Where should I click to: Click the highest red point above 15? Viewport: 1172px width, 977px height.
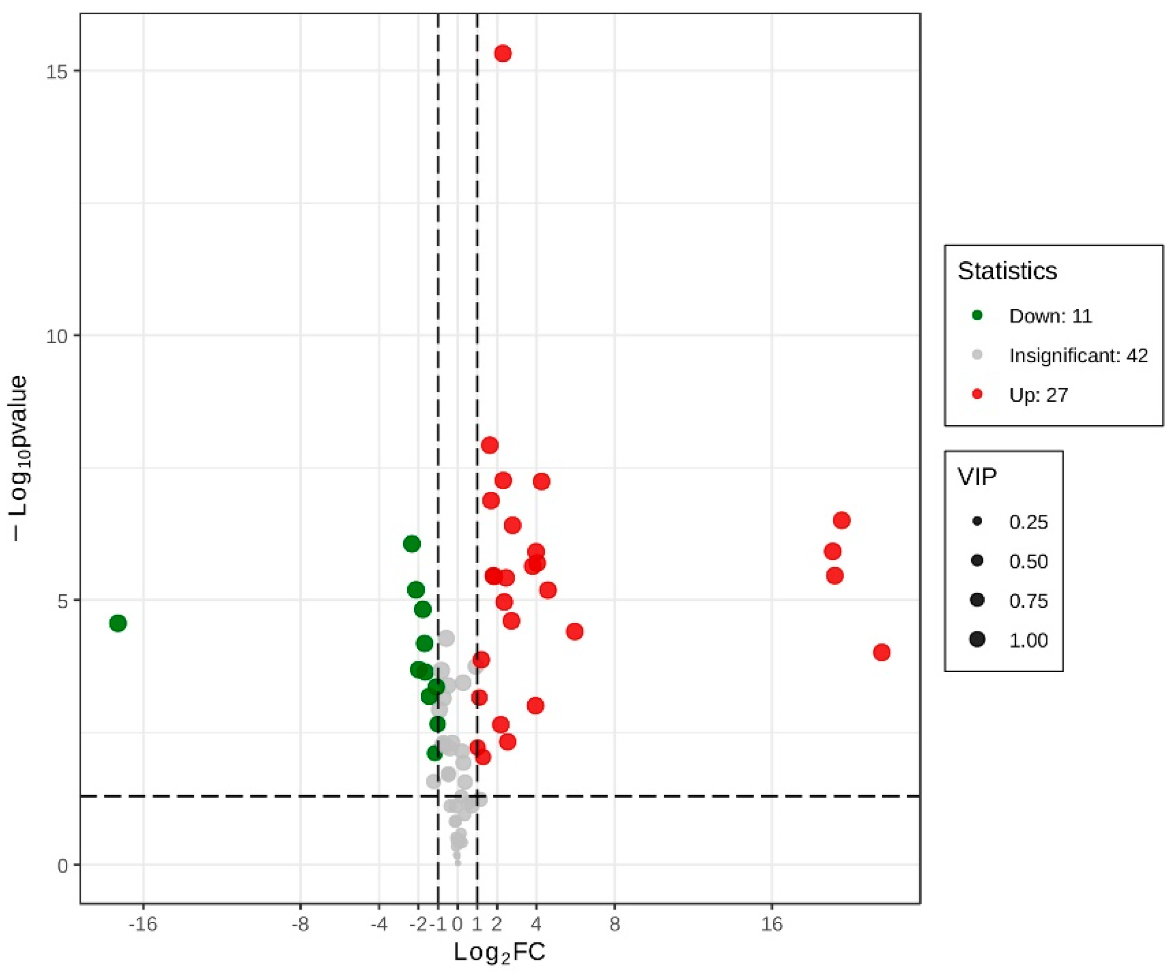(502, 54)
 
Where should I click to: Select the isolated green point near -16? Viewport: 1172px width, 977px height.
(118, 623)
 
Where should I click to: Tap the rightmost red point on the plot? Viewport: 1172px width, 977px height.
(881, 652)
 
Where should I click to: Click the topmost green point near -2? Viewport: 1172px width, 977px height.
(411, 544)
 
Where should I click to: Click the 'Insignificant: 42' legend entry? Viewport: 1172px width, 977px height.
(1078, 356)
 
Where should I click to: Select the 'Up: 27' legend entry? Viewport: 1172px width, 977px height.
(1038, 395)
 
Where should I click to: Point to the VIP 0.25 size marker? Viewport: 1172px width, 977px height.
(977, 522)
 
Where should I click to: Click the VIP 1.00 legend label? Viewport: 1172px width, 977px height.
(1028, 640)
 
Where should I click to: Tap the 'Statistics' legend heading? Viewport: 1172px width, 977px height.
(1007, 271)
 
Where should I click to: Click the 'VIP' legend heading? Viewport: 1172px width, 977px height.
(977, 477)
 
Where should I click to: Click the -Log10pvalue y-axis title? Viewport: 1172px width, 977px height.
(20, 458)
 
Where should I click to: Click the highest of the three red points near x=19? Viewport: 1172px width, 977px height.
(841, 520)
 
